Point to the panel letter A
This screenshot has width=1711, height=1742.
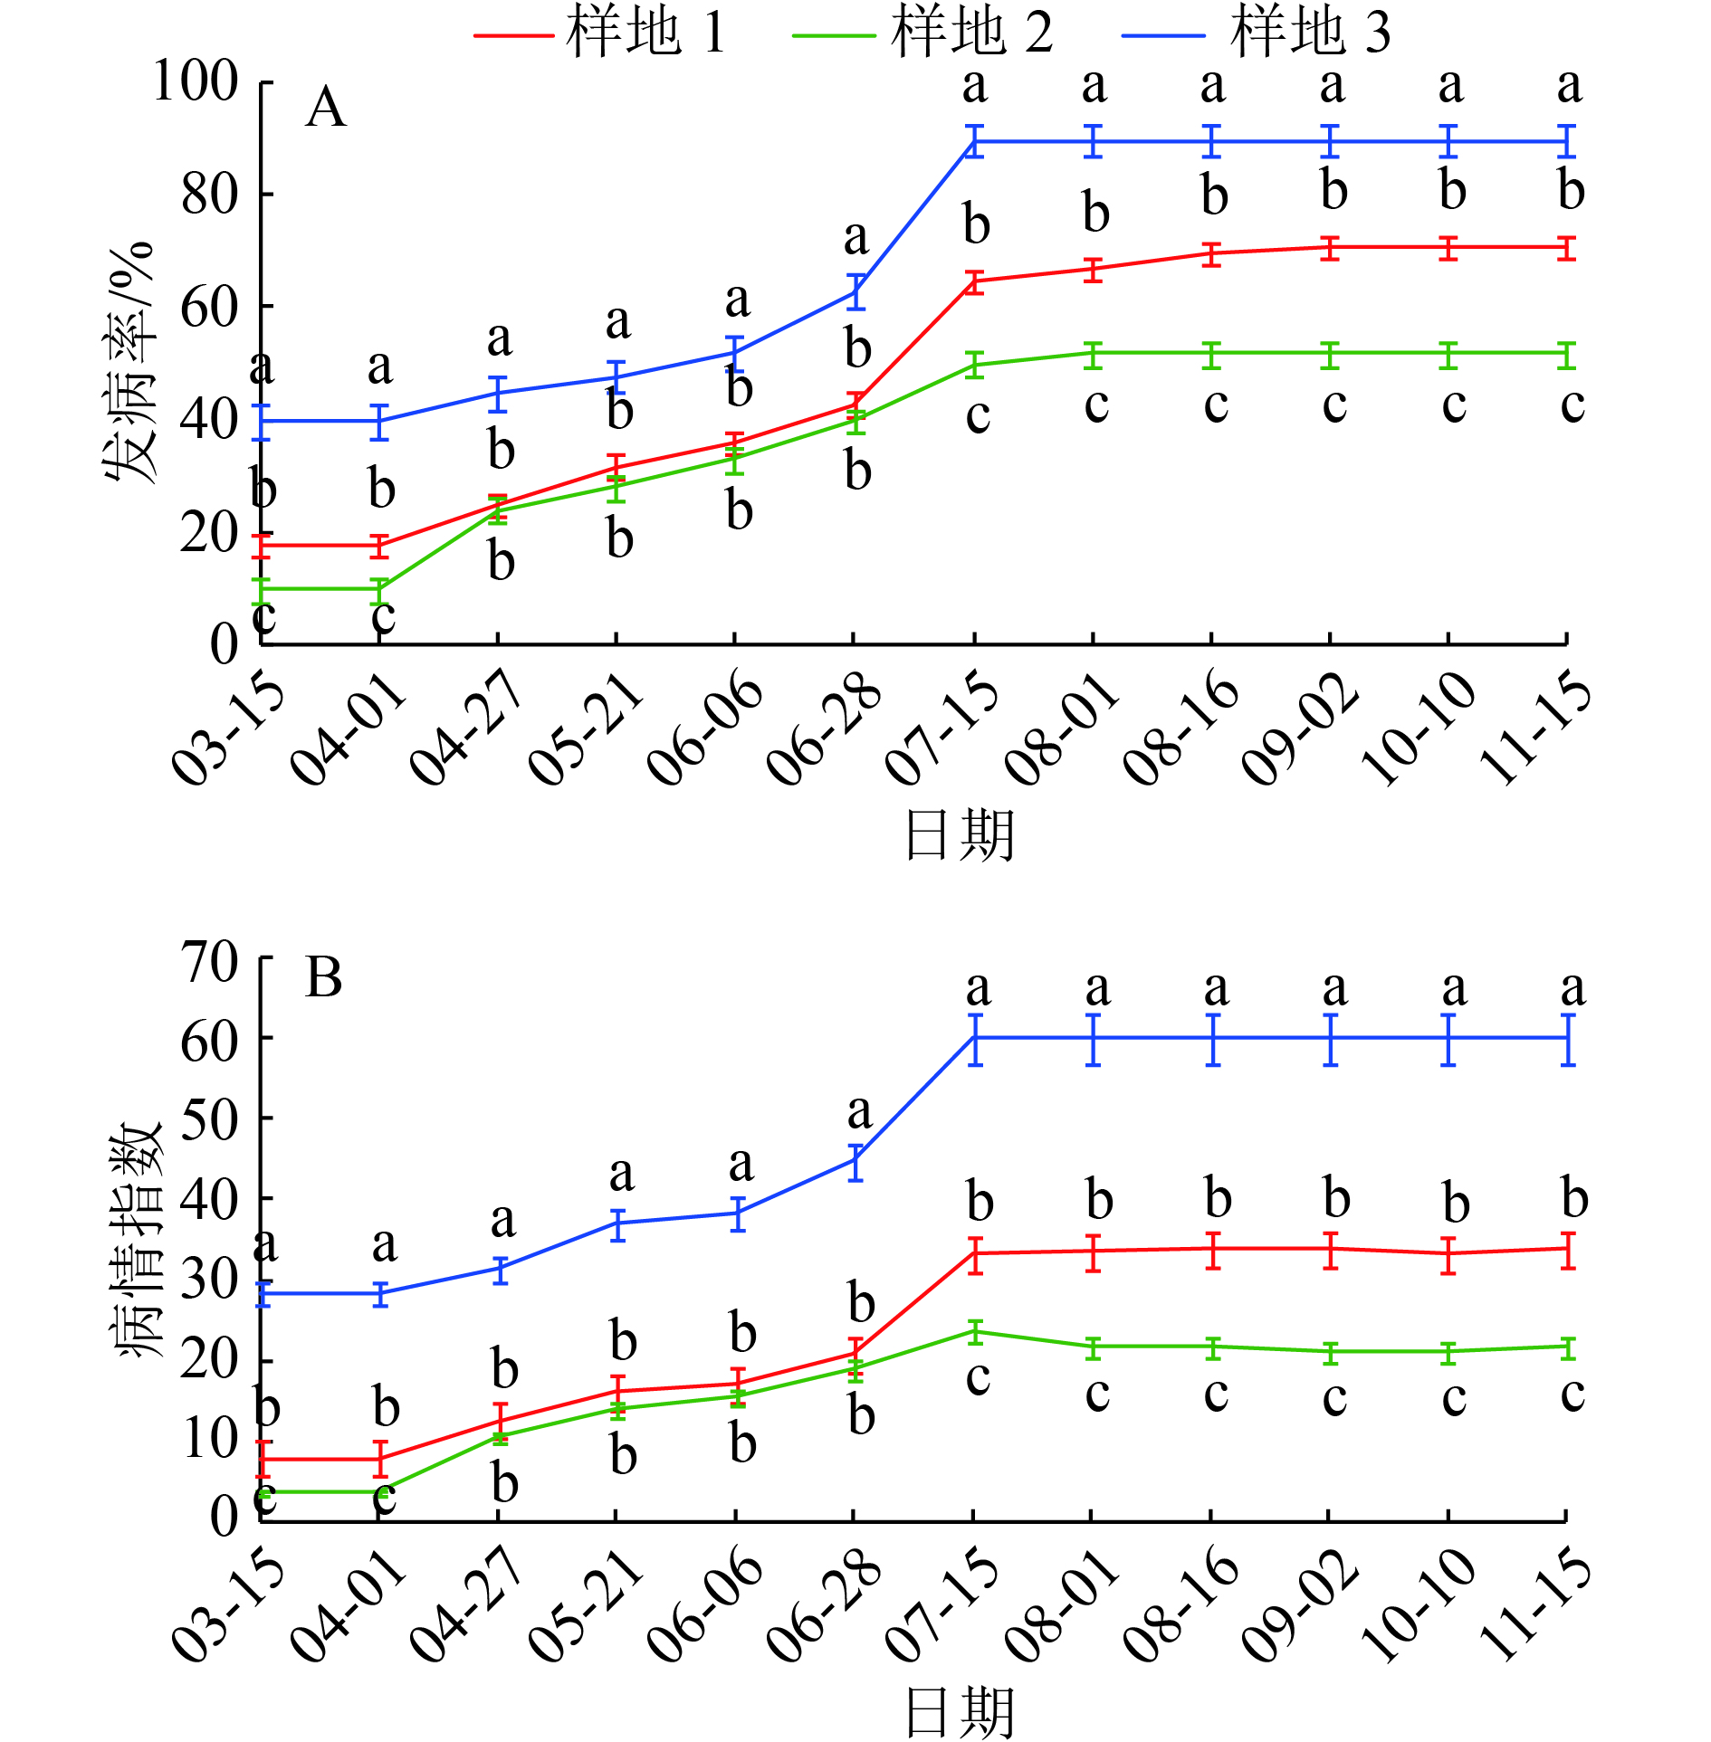click(x=326, y=109)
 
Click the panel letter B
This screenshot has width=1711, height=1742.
click(x=324, y=978)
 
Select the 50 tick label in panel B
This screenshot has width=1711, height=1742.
click(x=209, y=1118)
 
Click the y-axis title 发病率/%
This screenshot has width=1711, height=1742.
click(x=129, y=362)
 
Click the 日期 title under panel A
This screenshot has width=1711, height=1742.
click(x=960, y=834)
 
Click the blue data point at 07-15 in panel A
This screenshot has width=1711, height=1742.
click(x=974, y=142)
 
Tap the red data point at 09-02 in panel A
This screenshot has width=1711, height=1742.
click(x=1330, y=248)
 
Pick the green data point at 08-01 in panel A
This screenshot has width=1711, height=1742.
click(x=1094, y=354)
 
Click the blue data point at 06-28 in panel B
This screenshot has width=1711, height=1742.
click(x=855, y=1159)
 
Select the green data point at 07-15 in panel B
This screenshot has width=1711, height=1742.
click(x=975, y=1331)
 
